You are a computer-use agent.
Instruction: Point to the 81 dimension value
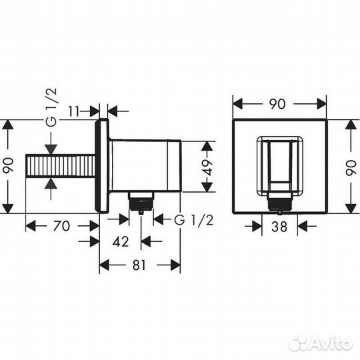[140, 265]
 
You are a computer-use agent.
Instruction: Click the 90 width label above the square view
[279, 104]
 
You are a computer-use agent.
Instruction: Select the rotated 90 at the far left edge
[9, 166]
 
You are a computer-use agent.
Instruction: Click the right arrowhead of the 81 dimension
[177, 265]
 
